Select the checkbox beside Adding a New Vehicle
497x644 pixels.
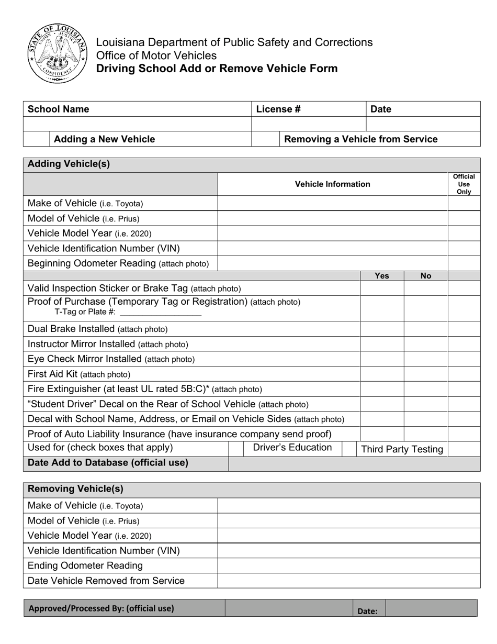click(37, 139)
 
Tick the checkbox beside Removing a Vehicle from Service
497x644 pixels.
click(266, 139)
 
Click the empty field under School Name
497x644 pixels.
click(138, 124)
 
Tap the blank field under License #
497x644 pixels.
click(309, 124)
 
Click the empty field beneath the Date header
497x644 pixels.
click(423, 124)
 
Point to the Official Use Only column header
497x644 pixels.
click(464, 184)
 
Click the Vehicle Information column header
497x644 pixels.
click(332, 184)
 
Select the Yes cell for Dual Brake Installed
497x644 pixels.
click(382, 329)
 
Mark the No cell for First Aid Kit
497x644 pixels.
click(426, 374)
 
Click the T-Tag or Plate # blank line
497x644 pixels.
click(161, 312)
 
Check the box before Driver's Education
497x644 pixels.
click(236, 448)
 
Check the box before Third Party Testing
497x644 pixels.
click(349, 448)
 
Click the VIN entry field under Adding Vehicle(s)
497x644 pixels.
click(332, 248)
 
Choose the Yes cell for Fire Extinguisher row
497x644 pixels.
click(382, 389)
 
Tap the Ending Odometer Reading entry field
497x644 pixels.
click(348, 565)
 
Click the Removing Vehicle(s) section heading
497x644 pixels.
click(75, 489)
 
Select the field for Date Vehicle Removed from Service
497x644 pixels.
click(348, 581)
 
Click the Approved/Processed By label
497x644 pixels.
click(101, 608)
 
